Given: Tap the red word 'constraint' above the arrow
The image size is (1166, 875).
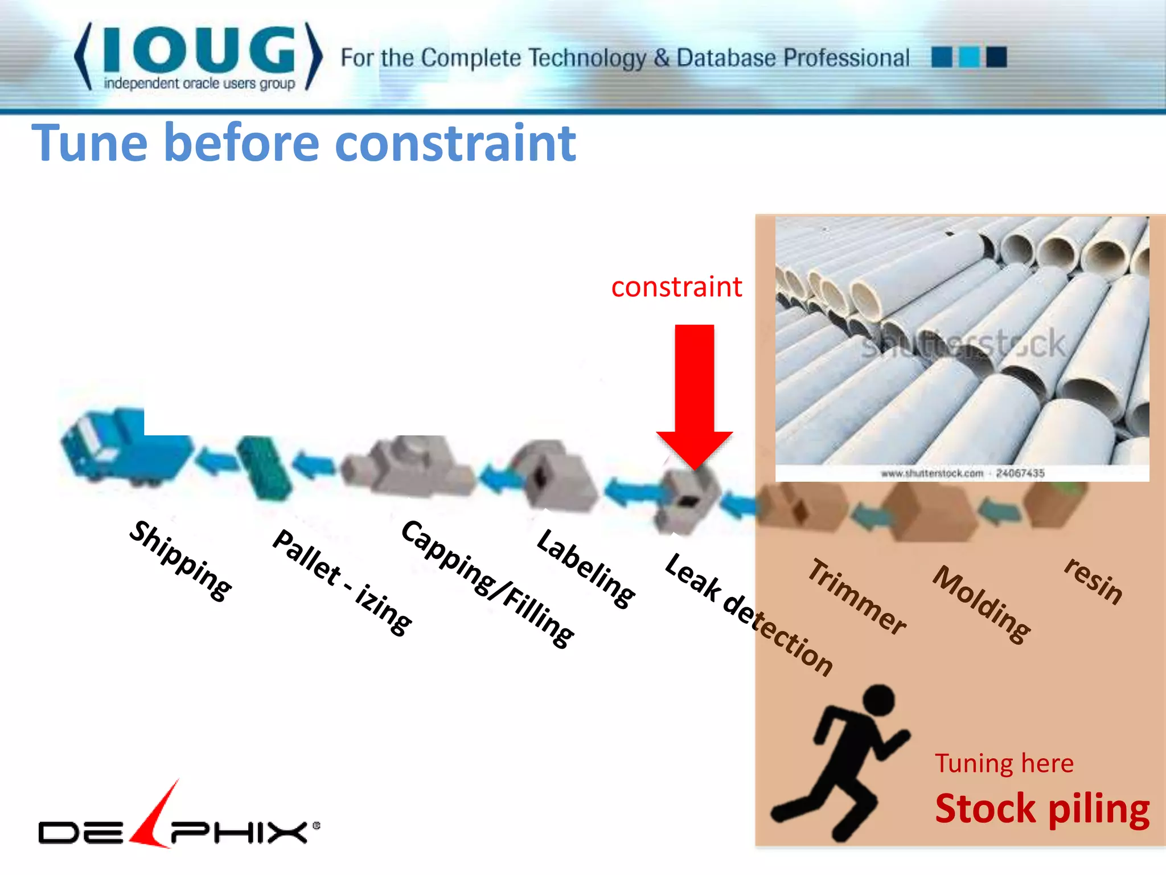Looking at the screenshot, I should coord(676,287).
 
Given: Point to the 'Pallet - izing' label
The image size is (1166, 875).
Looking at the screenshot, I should coord(342,581).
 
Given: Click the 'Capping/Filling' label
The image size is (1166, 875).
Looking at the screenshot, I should coord(487,583).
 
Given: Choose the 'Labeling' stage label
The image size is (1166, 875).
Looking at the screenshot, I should coord(586,568).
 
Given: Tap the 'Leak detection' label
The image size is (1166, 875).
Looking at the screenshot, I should coord(749,614).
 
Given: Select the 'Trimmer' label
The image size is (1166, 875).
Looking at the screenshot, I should coord(857,596).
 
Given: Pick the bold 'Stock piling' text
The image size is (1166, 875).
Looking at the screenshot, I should coord(1042,809).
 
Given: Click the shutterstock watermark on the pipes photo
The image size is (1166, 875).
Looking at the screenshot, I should coord(962,344).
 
